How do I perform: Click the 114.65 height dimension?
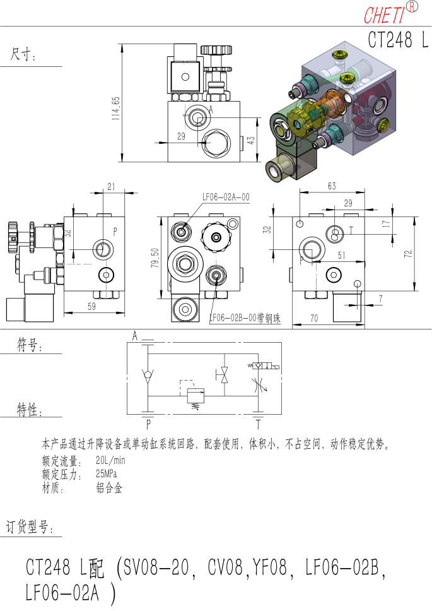point(116,108)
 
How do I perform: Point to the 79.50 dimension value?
point(155,258)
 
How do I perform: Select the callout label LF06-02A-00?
point(226,197)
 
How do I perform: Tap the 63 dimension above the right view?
point(332,186)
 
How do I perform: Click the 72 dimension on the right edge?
point(407,254)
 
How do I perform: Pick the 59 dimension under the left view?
point(91,306)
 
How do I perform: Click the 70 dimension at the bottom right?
point(314,318)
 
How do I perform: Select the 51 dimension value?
point(341,255)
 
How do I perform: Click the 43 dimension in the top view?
point(250,140)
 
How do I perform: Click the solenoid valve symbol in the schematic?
point(264,366)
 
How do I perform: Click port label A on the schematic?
point(135,336)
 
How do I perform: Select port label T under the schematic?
point(258,424)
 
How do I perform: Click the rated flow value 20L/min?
point(110,460)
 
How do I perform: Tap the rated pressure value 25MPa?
point(106,473)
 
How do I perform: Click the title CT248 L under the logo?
point(398,39)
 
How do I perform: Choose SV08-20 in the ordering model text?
point(156,567)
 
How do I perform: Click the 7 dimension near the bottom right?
point(380,299)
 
